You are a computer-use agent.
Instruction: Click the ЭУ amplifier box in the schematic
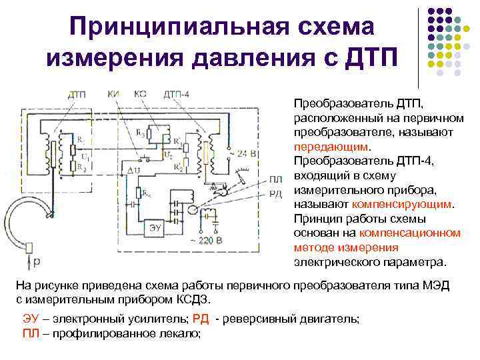[155, 227]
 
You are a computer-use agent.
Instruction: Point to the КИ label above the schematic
[114, 94]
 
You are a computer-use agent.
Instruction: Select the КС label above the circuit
[141, 94]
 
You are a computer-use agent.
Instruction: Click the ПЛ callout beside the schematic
[277, 179]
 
